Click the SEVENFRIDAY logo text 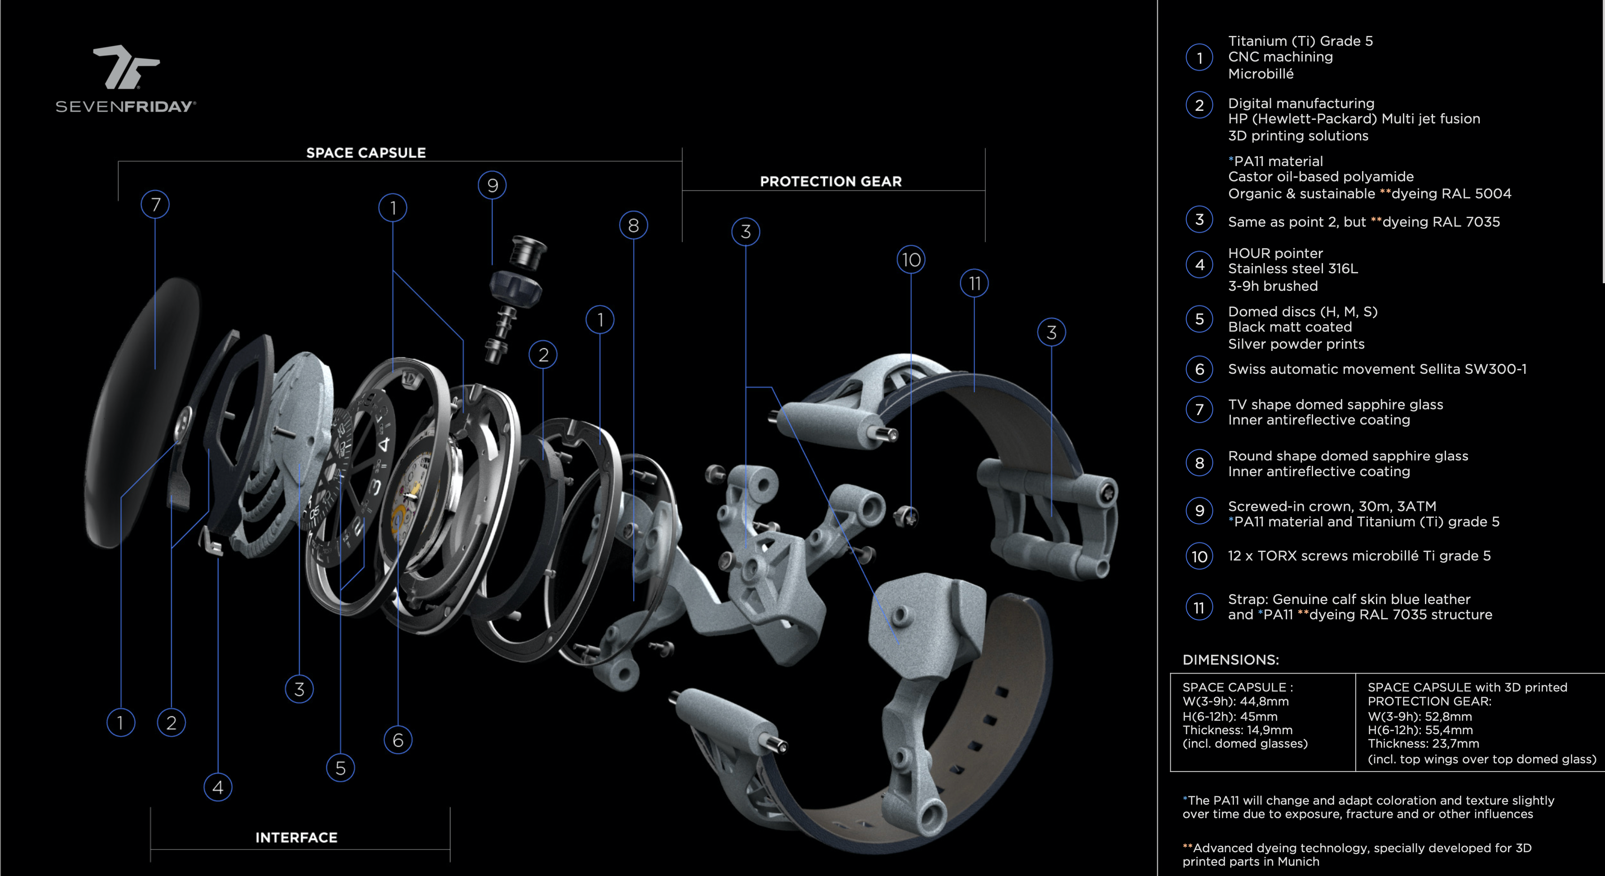[125, 106]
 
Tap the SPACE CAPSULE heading [366, 153]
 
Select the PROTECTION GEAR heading [830, 182]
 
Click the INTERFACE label [296, 838]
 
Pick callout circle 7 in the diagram [155, 205]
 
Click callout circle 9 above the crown [492, 185]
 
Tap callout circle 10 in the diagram [911, 260]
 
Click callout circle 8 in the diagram [633, 225]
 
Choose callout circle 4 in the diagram [217, 788]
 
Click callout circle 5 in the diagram [340, 768]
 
